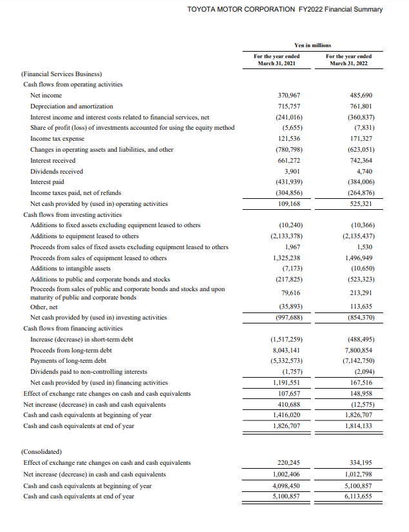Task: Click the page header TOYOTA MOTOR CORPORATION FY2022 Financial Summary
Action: point(284,9)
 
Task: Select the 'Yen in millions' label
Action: point(312,45)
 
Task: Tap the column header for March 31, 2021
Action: point(275,60)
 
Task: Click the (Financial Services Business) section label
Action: point(62,74)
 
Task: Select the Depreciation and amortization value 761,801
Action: point(361,106)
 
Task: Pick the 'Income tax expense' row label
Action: point(57,139)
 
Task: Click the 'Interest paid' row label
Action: point(49,182)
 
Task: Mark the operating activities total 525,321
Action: point(361,203)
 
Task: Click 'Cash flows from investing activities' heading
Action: point(72,214)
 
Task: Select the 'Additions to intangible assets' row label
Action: point(70,268)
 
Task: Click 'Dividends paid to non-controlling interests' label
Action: point(88,372)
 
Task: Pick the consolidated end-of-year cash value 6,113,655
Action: point(358,496)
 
